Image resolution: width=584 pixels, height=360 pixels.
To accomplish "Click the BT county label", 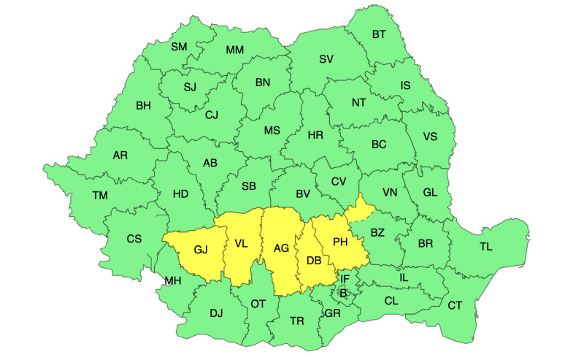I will (x=380, y=34).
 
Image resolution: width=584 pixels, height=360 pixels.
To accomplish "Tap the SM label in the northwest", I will (x=179, y=47).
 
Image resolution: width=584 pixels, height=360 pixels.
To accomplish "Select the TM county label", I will (x=99, y=195).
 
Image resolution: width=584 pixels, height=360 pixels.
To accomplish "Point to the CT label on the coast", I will (x=455, y=305).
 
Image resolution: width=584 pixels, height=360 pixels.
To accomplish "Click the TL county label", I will (x=485, y=247).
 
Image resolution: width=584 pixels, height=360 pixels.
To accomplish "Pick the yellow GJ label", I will (x=201, y=250).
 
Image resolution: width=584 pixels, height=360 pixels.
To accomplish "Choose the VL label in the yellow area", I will (x=242, y=244).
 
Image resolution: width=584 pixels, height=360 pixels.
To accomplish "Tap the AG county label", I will (x=281, y=248).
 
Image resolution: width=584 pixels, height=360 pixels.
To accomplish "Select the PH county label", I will (x=340, y=242).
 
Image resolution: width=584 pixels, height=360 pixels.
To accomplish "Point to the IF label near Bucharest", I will (x=345, y=279).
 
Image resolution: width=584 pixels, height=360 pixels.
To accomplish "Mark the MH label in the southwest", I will (x=173, y=281).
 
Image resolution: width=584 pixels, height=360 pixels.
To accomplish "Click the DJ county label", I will (x=215, y=313).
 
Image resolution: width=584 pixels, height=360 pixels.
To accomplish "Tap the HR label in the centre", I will (x=315, y=135).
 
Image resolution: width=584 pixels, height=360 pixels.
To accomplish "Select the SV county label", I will (x=326, y=59).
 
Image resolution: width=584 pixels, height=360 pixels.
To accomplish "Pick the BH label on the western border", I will (x=143, y=105).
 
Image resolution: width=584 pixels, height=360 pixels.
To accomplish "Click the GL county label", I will (x=431, y=193).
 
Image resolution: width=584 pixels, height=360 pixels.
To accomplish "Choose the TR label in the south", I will (x=297, y=321).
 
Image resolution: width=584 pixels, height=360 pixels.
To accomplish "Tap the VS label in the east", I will (x=430, y=136).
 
